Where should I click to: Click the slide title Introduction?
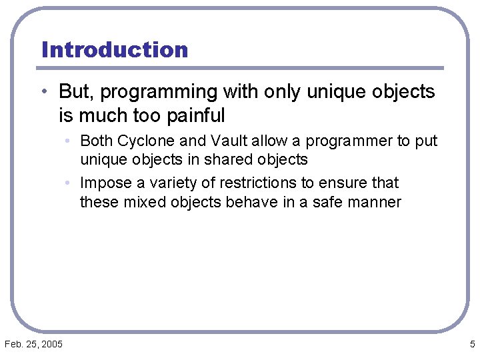tap(115, 50)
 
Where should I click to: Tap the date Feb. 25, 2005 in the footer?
tap(33, 344)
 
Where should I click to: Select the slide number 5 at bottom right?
tap(472, 344)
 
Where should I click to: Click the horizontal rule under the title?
tap(240, 68)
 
